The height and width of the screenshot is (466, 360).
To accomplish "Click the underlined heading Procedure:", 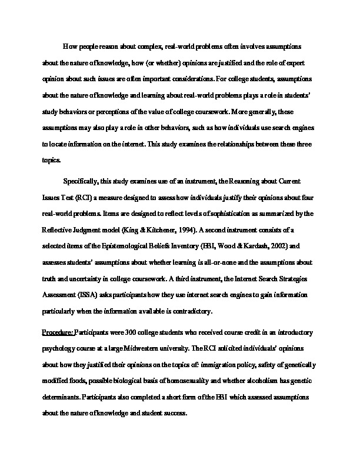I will [57, 332].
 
